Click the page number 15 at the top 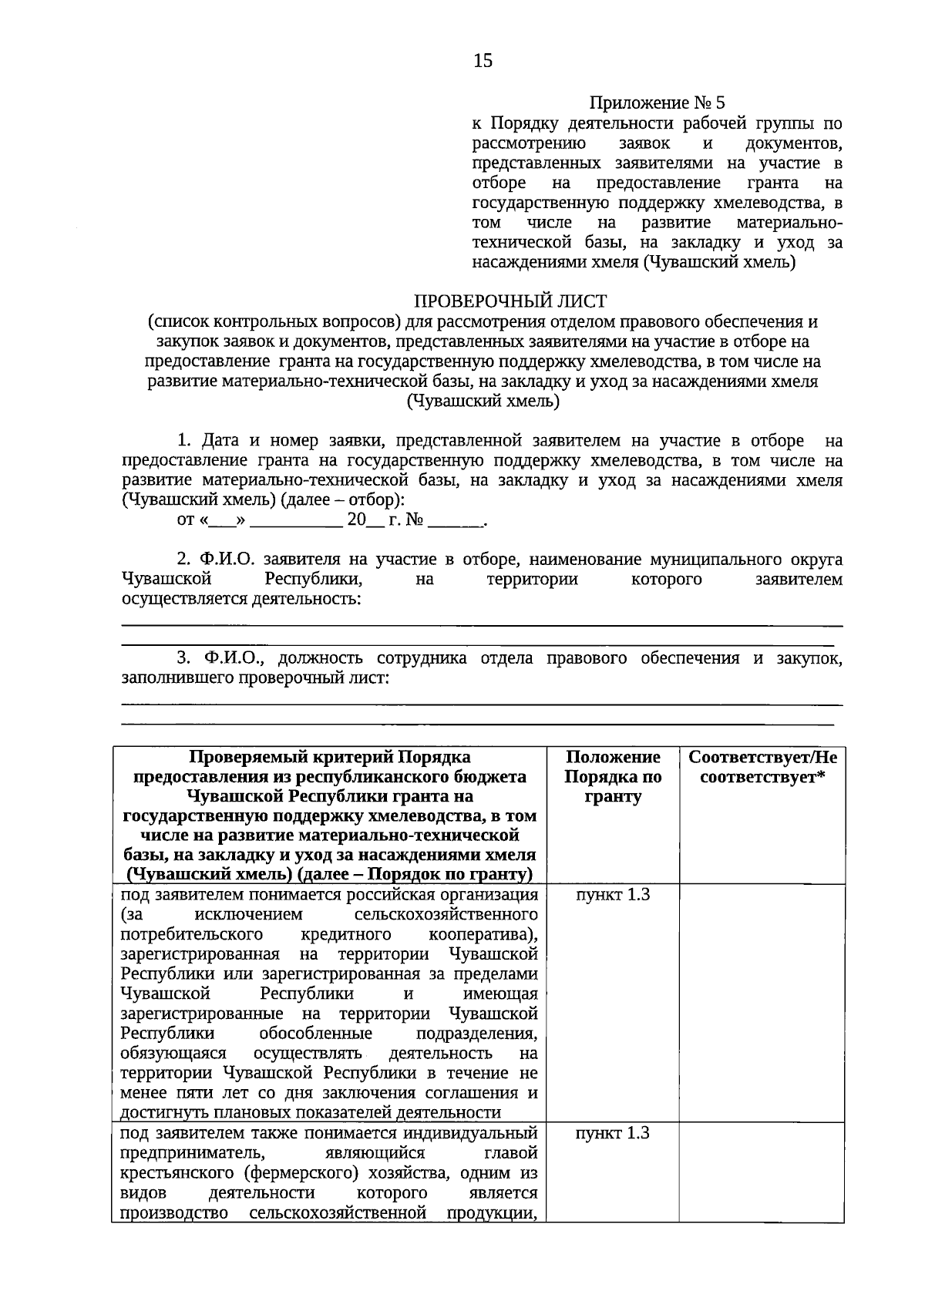point(483,61)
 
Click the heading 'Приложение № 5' point(657,103)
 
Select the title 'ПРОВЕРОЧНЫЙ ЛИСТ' point(510,301)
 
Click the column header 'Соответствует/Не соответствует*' point(762,767)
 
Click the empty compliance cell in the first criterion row point(762,1001)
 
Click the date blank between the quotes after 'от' point(223,520)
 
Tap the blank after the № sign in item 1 point(455,520)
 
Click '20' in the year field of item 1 point(355,520)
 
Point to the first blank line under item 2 point(482,625)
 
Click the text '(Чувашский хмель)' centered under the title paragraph point(483,401)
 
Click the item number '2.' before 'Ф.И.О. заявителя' point(184,559)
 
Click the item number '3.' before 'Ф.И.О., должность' point(184,658)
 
